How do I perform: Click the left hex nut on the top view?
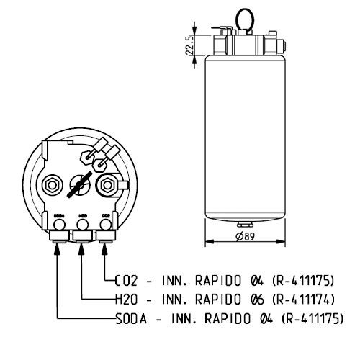tap(53, 184)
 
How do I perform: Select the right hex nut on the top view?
tap(107, 184)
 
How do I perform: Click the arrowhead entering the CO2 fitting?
tap(106, 248)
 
